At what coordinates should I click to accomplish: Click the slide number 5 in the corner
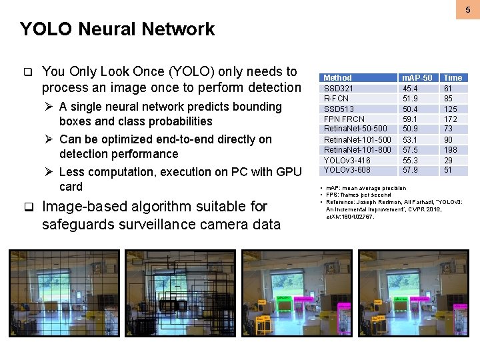[x=468, y=10]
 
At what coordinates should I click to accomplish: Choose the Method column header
[x=337, y=78]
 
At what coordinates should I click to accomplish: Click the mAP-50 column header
[x=417, y=78]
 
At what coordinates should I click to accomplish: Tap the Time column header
[x=453, y=78]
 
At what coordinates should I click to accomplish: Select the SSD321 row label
[x=338, y=88]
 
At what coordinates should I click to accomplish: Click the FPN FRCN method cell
[x=344, y=119]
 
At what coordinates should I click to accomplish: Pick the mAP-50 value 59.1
[x=409, y=119]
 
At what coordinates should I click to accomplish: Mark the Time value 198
[x=451, y=150]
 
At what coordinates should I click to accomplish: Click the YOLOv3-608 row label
[x=347, y=170]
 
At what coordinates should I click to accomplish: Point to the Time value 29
[x=448, y=160]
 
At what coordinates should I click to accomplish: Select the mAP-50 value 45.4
[x=409, y=88]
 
